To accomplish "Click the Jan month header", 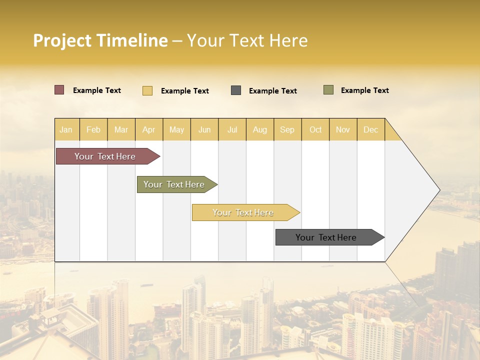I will coord(66,129).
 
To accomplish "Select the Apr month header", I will coord(149,129).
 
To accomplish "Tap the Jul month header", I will coord(232,129).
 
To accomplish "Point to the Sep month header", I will coord(287,129).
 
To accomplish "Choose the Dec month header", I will coord(370,129).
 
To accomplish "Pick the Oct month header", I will coord(315,129).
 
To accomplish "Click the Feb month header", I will coord(93,129).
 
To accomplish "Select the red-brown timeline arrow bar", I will coord(105,156).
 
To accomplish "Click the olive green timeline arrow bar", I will coord(174,184).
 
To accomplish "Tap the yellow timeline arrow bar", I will coord(243,212).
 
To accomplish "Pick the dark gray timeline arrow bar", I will coord(326,237).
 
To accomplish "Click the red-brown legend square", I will coord(59,90).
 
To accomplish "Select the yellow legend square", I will coord(147,90).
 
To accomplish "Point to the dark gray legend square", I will coord(236,90).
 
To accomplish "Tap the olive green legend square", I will coord(328,90).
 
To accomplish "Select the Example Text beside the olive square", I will coord(364,90).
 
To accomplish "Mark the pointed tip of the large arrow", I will coord(438,190).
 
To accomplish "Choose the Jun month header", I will coord(204,129).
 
